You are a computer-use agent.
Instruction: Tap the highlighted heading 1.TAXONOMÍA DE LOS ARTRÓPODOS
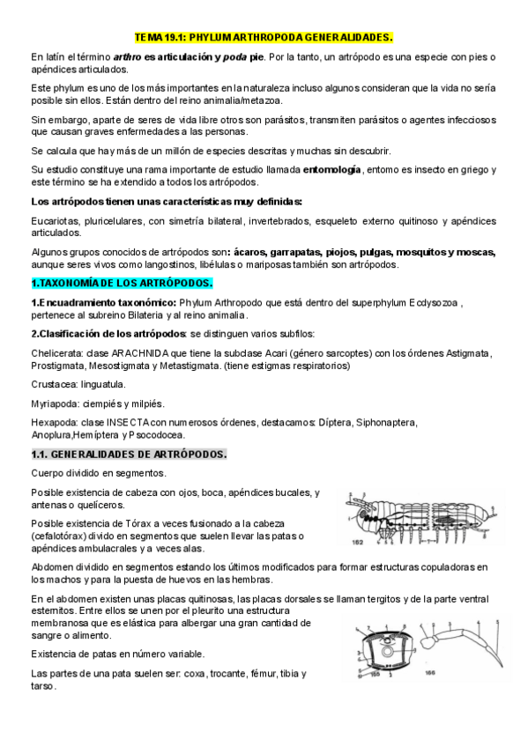[x=122, y=284]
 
